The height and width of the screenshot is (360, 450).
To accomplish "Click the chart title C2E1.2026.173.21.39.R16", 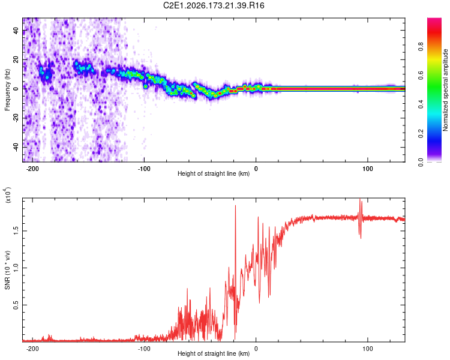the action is (214, 5).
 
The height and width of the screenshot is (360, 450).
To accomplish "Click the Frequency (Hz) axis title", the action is (7, 90).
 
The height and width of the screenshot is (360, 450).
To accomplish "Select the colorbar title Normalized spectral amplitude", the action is (445, 90).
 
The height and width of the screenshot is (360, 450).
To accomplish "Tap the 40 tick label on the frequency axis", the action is (16, 30).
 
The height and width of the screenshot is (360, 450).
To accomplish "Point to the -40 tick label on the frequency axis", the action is (16, 147).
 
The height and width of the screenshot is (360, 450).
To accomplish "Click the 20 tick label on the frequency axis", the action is (16, 59).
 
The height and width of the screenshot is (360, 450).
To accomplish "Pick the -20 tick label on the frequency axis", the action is (16, 118).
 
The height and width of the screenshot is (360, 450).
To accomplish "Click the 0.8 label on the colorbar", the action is (421, 47).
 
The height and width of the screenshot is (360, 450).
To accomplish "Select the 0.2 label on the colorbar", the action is (421, 133).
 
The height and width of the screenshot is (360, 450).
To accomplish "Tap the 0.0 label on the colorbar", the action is (421, 163).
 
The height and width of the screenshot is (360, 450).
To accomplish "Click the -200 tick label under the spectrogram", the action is (32, 169).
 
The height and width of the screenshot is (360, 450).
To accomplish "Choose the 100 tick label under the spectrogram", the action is (368, 169).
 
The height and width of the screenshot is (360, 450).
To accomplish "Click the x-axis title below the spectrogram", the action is (214, 173).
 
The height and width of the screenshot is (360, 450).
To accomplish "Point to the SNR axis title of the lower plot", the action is (7, 270).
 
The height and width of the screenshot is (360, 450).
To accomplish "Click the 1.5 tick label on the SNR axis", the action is (16, 230).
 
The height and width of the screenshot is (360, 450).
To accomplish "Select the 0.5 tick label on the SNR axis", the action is (16, 305).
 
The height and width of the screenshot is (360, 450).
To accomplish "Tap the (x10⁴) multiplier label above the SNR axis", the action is (7, 195).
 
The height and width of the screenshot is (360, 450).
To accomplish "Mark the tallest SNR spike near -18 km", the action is (236, 206).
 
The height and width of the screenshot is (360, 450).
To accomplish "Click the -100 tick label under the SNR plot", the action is (144, 349).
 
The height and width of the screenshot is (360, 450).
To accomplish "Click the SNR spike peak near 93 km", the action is (360, 199).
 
